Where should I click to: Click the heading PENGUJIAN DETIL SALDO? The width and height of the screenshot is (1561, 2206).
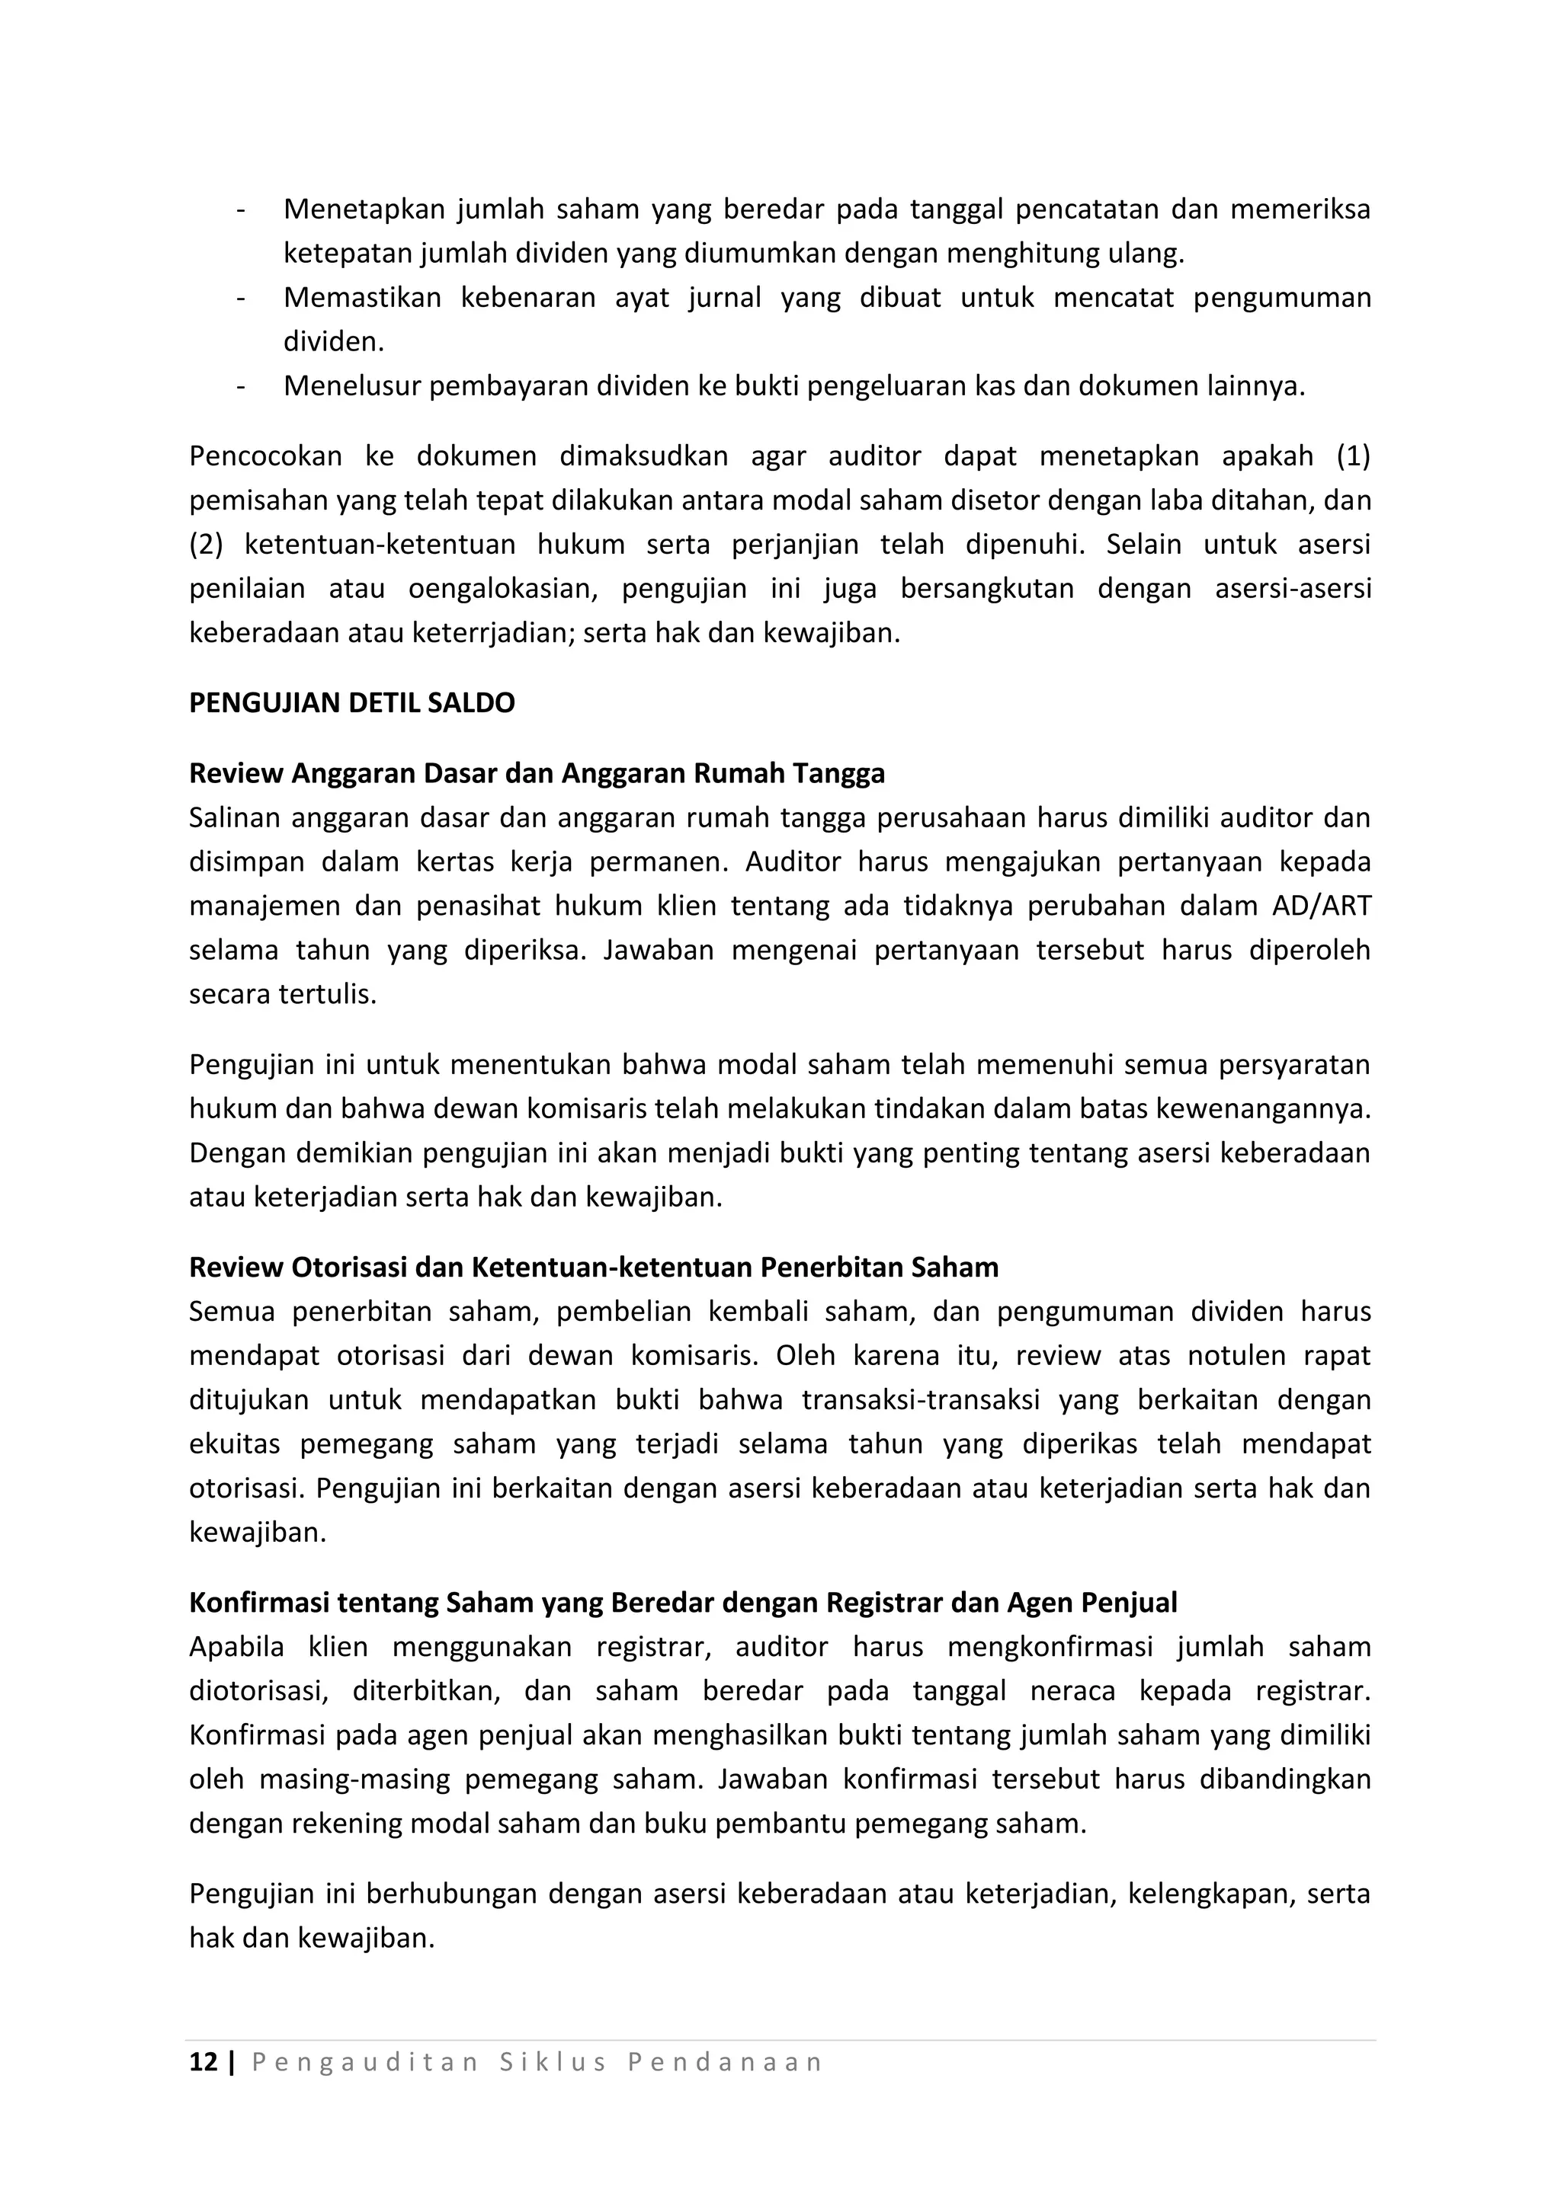352,703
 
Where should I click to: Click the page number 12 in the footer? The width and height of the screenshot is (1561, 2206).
203,2062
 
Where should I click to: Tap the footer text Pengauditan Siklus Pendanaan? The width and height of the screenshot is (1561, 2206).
537,2062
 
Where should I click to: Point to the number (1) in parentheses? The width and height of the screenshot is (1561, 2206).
1352,456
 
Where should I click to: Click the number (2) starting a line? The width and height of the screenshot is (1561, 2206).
206,544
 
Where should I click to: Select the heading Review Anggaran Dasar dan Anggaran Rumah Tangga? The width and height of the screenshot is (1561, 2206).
537,772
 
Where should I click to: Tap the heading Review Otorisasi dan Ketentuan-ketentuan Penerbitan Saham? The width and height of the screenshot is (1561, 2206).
593,1268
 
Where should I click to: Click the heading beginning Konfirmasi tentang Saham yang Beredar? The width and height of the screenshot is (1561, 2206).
682,1603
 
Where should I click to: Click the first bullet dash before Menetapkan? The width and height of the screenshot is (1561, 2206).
239,209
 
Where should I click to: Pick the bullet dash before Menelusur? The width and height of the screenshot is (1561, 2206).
239,386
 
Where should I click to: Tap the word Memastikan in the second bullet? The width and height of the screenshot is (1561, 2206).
361,298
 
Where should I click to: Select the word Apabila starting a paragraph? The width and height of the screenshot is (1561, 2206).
236,1647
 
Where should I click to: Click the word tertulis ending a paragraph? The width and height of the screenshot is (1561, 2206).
328,994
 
